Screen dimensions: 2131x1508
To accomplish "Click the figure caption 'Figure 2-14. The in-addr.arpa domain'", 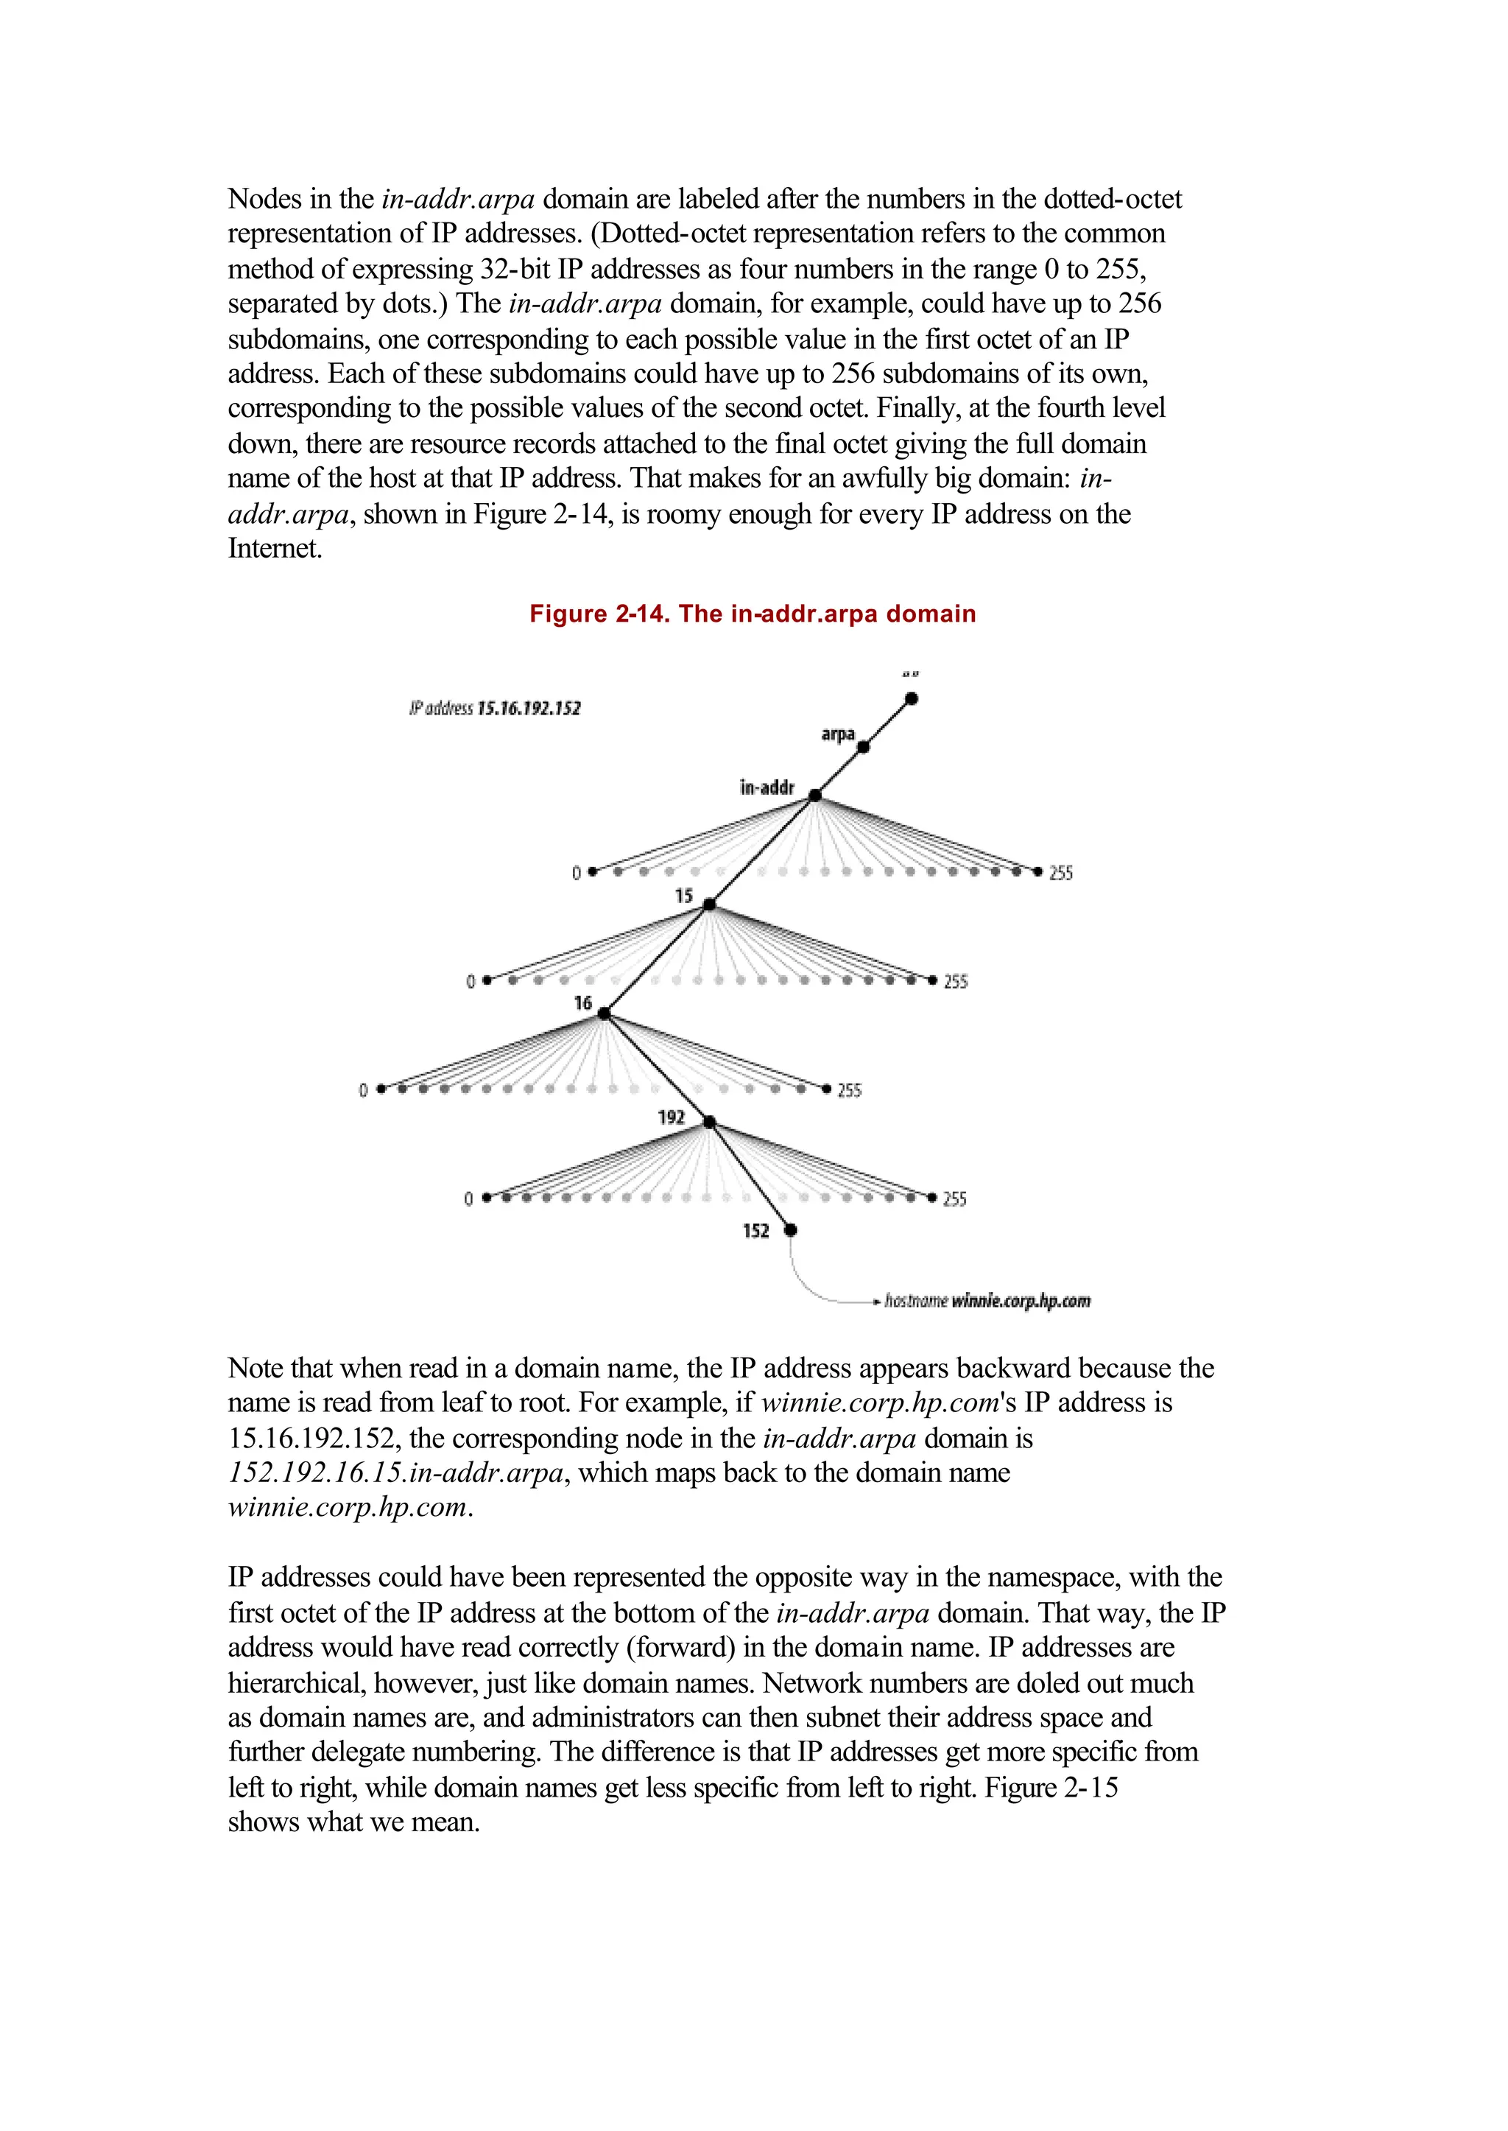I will (752, 614).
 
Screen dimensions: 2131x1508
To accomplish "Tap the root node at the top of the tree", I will (912, 698).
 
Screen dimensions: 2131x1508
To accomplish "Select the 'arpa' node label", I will (837, 734).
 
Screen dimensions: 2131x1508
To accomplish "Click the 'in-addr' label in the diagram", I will (767, 787).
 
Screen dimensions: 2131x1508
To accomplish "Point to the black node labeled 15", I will (708, 904).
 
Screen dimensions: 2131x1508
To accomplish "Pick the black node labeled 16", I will (604, 1014).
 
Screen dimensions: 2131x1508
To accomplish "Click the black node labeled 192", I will (709, 1122).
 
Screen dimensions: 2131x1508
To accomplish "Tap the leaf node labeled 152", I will (790, 1230).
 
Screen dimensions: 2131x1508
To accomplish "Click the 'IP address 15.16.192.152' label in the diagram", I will (495, 709).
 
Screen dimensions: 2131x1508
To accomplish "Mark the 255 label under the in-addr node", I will (1060, 873).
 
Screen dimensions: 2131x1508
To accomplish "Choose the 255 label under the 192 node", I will (954, 1199).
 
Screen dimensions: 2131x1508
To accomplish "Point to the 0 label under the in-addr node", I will (576, 873).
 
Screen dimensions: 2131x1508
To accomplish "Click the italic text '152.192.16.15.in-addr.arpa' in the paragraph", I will (395, 1473).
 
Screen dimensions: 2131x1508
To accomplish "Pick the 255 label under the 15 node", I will (956, 982).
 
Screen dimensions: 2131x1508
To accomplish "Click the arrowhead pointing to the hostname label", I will (875, 1301).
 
